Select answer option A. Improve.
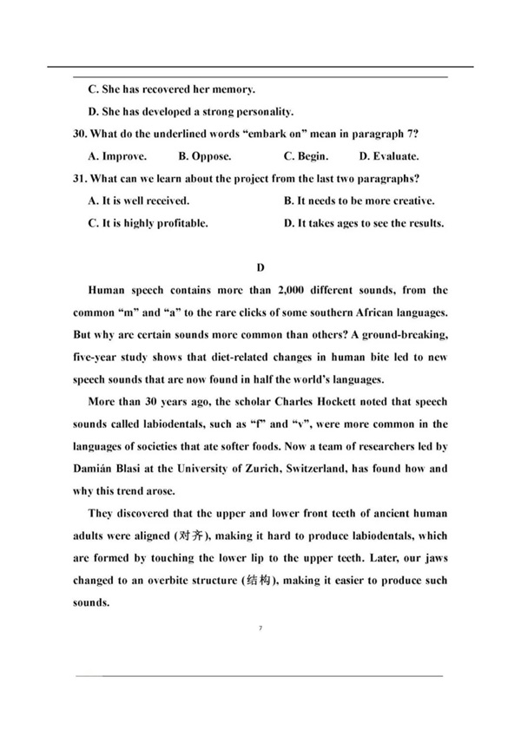tap(117, 156)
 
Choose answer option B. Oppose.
tap(205, 156)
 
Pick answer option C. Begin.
tap(306, 156)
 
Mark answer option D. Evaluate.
tap(389, 156)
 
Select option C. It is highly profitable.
tap(148, 223)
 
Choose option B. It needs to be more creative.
tap(359, 200)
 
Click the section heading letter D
tap(260, 267)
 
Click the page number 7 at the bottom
tap(260, 627)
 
